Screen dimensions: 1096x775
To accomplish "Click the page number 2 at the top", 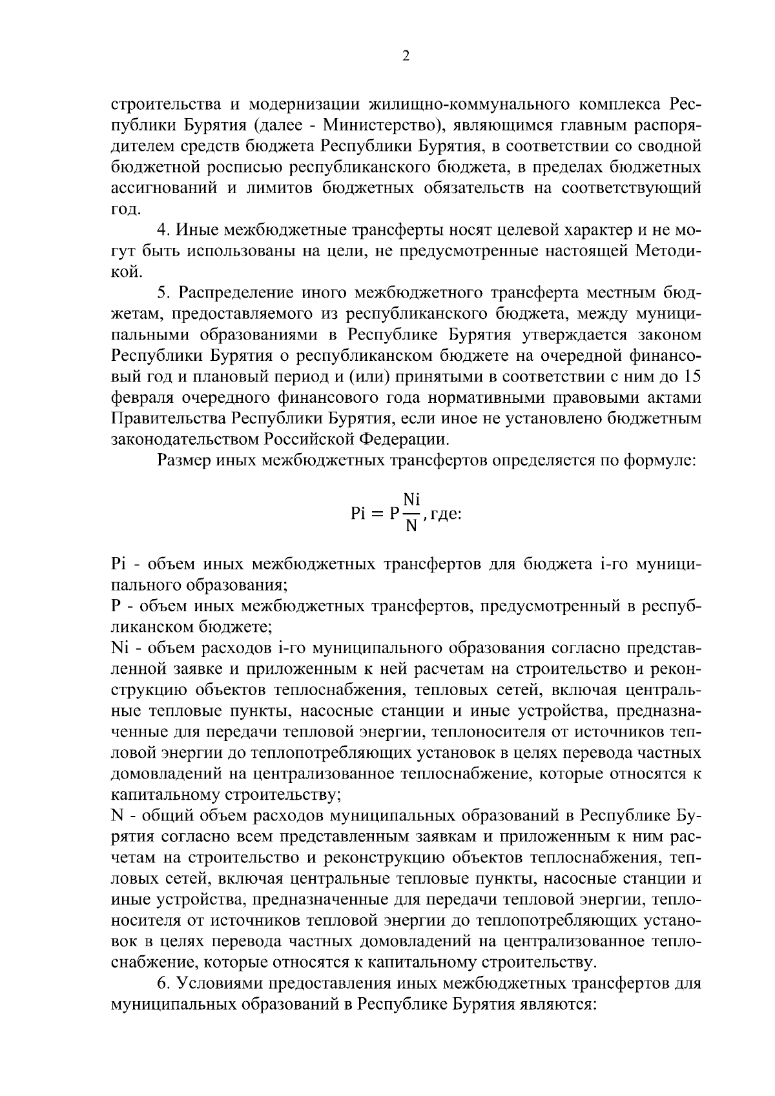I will coord(406,56).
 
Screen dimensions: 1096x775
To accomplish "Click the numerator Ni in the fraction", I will coord(411,499).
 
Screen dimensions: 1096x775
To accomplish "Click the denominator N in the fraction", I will coord(411,528).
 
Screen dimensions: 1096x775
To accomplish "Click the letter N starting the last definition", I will coord(117,816).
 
